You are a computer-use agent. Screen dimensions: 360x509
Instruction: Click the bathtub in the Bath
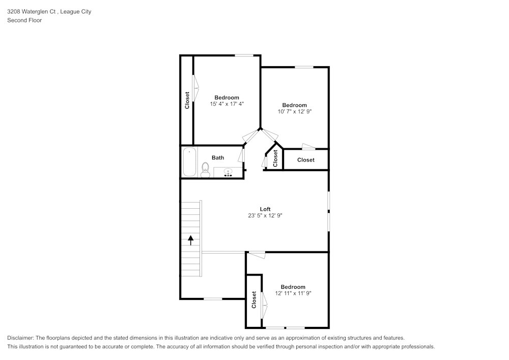pos(189,162)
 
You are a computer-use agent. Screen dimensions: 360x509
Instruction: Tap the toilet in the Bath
pos(205,170)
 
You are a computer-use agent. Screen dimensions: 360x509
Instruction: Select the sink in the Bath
pos(228,173)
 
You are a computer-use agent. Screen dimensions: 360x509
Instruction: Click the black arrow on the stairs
pos(191,240)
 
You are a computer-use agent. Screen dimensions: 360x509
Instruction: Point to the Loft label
pos(265,209)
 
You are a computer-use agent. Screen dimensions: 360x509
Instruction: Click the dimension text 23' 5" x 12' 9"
pos(265,215)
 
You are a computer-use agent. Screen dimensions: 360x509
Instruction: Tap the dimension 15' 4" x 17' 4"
pos(227,104)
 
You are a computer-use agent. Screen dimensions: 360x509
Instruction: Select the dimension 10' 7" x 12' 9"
pos(295,111)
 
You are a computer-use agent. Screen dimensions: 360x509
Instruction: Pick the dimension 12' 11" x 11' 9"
pos(293,293)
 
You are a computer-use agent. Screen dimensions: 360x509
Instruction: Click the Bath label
pos(218,158)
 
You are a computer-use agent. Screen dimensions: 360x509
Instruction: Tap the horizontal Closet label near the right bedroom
pos(306,160)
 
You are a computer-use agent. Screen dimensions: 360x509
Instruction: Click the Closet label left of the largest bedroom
pos(187,100)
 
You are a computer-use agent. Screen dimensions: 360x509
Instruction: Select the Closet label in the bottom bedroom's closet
pos(254,300)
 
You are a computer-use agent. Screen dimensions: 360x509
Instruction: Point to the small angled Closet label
pos(275,158)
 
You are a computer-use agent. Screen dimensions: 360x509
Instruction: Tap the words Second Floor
pos(24,20)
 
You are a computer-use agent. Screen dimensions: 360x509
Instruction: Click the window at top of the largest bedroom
pos(245,56)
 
